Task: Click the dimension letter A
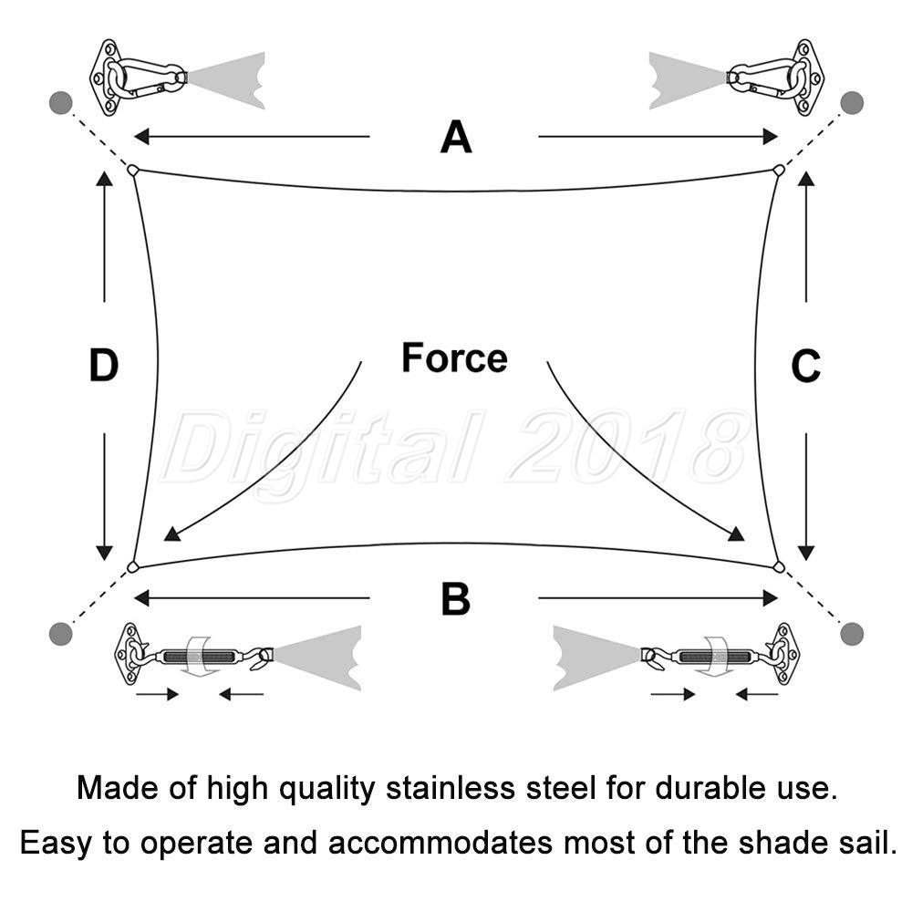456,137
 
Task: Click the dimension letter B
455,598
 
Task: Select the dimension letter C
805,366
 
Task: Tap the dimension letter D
104,366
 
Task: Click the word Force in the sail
454,358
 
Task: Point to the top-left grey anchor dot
60,103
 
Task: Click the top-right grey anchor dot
852,103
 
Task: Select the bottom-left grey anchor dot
60,634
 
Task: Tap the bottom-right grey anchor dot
852,634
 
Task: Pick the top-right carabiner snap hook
767,78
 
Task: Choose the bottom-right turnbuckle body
714,658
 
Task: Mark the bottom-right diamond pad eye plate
783,654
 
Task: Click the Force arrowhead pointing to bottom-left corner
171,534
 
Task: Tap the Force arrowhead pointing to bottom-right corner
736,534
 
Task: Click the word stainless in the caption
451,788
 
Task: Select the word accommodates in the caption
440,843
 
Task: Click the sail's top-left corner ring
133,171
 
